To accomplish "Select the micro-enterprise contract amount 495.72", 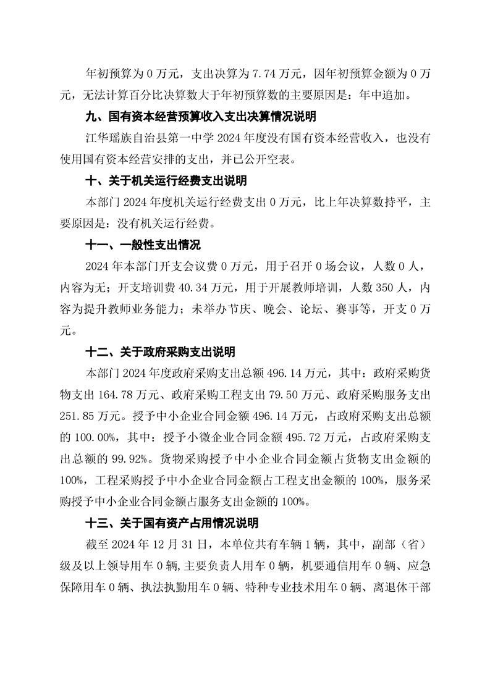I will (306, 437).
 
